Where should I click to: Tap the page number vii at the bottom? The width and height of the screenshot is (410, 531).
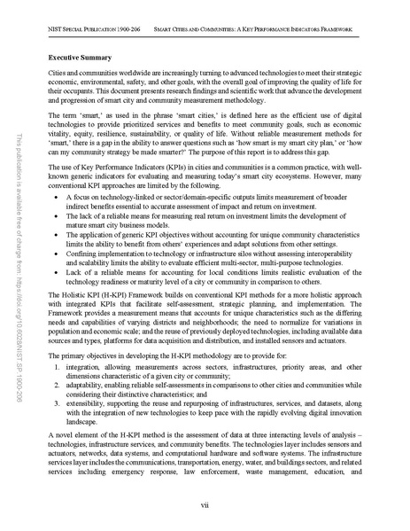(204, 505)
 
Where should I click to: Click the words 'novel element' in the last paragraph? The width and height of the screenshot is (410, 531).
(75, 443)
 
